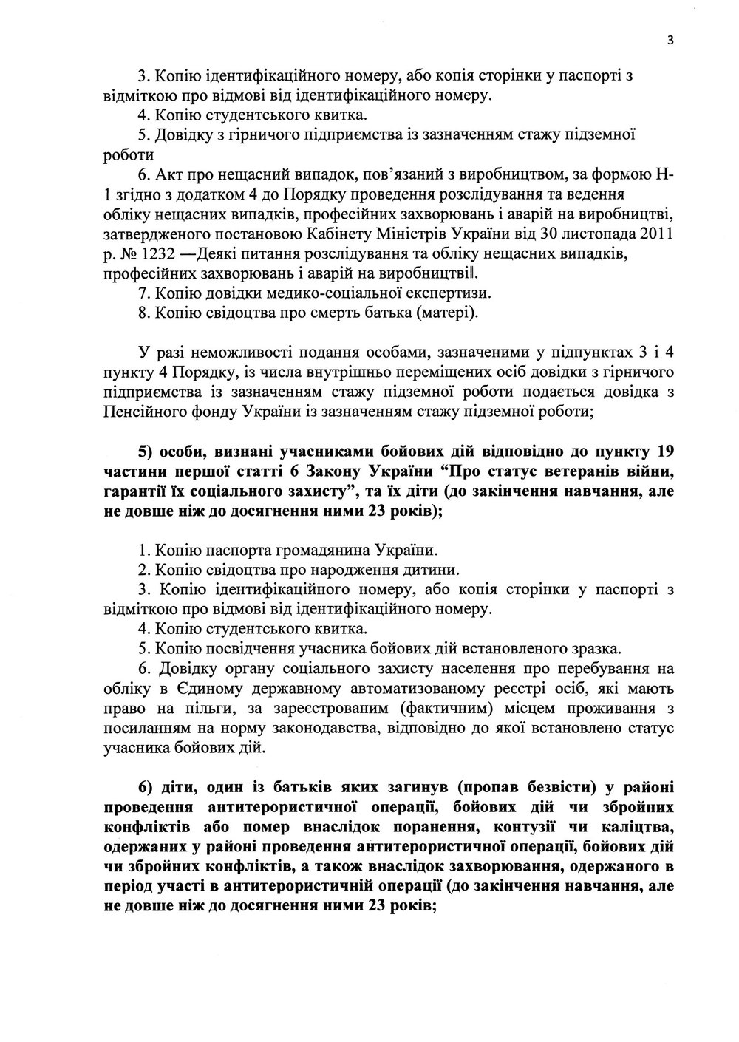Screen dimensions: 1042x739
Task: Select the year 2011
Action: [658, 235]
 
